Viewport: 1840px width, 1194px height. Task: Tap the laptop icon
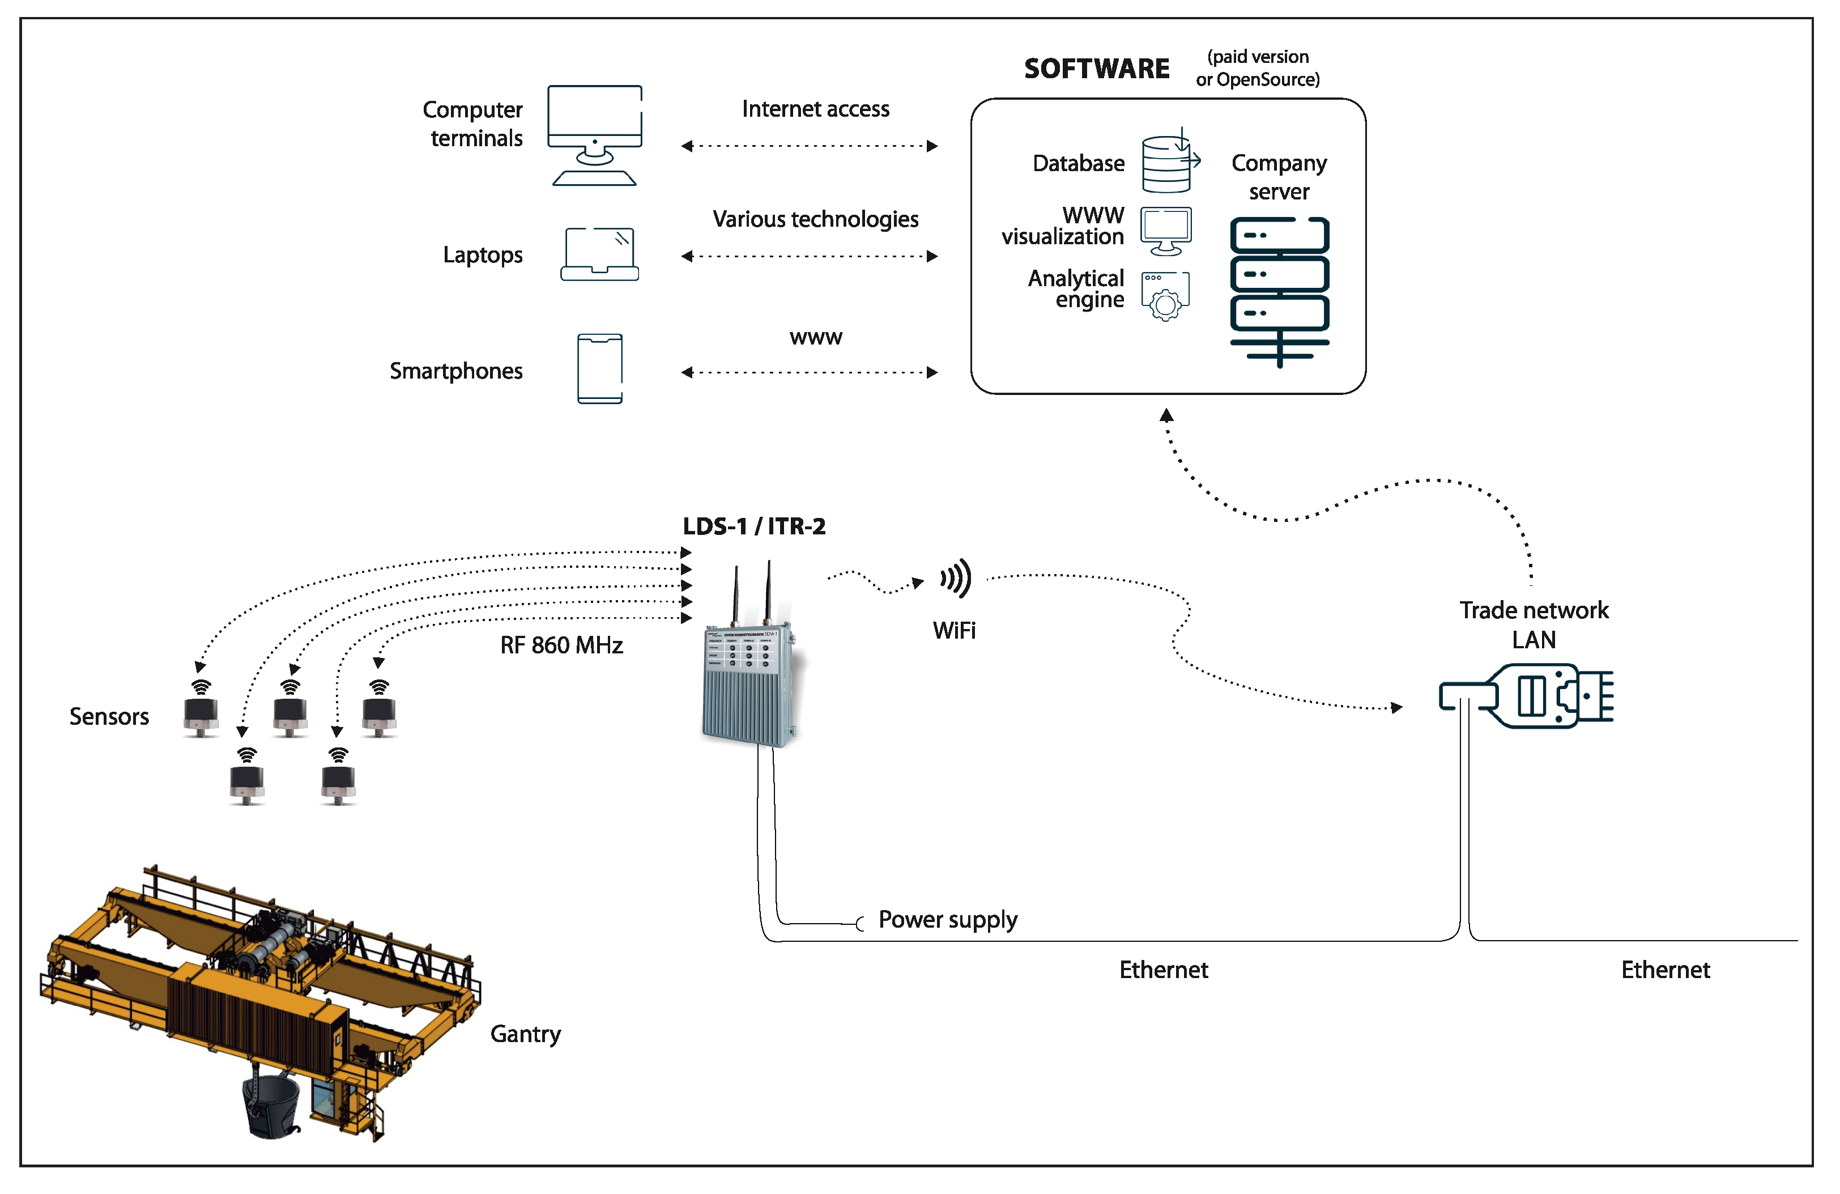point(599,254)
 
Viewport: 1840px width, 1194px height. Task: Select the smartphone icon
point(599,368)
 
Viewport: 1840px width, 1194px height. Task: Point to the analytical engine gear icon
point(1165,297)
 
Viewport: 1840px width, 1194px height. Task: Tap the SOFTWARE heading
point(1096,69)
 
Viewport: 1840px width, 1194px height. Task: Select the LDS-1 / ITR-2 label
point(754,526)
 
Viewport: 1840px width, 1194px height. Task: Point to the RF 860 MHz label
point(561,645)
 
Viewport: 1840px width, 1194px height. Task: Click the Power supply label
point(947,920)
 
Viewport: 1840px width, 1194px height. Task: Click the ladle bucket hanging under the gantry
point(271,1106)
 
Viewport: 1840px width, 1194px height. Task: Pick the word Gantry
point(525,1034)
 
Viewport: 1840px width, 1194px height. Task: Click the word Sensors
point(109,716)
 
